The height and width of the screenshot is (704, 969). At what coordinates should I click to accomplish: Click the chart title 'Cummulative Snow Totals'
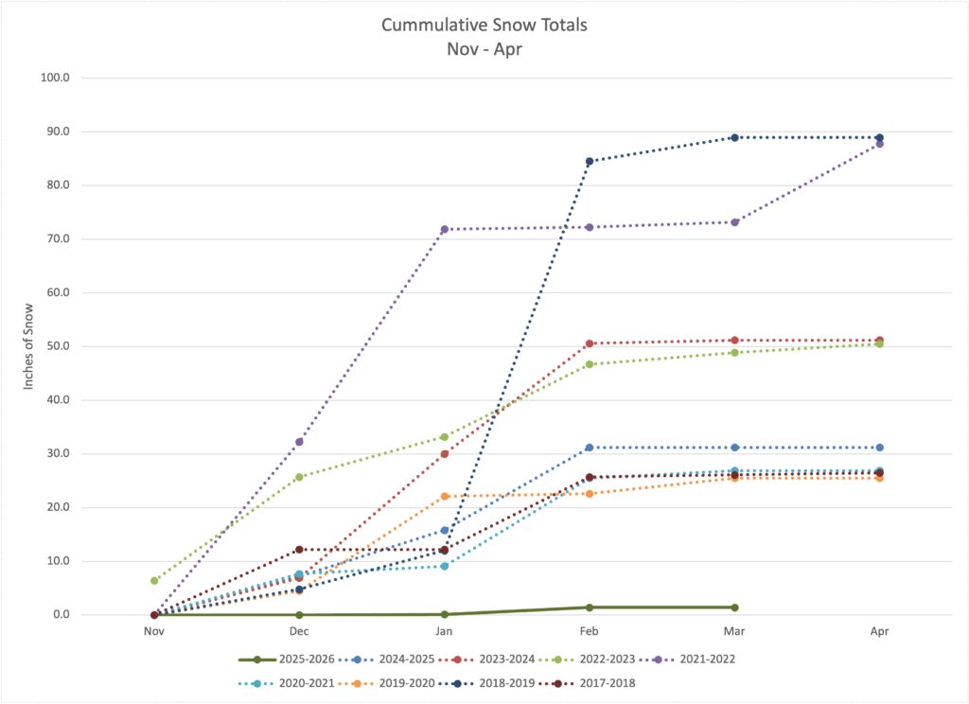pyautogui.click(x=484, y=25)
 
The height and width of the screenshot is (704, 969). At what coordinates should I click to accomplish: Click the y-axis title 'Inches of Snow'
pyautogui.click(x=29, y=344)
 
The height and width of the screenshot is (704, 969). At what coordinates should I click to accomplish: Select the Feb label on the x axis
pyautogui.click(x=589, y=630)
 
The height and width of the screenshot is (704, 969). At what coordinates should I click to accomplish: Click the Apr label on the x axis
pyautogui.click(x=879, y=630)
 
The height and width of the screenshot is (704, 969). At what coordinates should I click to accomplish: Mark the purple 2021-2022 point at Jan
pyautogui.click(x=444, y=229)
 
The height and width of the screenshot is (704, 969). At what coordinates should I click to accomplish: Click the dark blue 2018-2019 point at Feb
pyautogui.click(x=590, y=161)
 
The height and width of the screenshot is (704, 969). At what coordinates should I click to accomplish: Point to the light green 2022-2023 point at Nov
pyautogui.click(x=154, y=581)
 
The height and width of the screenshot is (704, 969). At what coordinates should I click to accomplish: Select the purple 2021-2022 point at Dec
pyautogui.click(x=299, y=442)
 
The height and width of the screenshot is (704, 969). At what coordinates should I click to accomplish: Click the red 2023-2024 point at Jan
pyautogui.click(x=444, y=454)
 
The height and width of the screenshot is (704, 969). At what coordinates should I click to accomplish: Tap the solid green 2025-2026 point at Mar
pyautogui.click(x=734, y=607)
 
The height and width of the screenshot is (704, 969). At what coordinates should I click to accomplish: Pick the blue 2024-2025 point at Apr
pyautogui.click(x=879, y=448)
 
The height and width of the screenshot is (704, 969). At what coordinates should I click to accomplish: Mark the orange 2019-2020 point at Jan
pyautogui.click(x=444, y=497)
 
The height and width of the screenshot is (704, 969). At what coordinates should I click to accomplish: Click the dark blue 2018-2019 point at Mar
pyautogui.click(x=734, y=137)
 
